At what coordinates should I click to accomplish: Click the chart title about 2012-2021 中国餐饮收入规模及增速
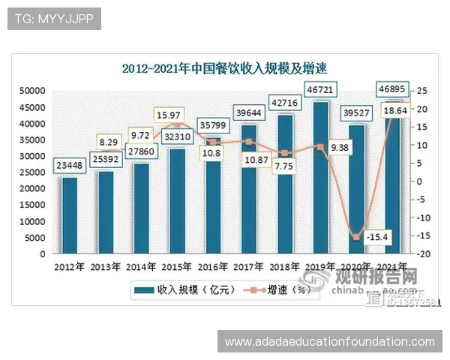coord(225,68)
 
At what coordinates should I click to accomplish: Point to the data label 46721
coord(321,90)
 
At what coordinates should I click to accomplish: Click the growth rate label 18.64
coord(395,110)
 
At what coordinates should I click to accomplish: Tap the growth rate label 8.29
coord(108,141)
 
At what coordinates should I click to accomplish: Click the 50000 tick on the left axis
coord(32,90)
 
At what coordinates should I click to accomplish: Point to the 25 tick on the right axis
coord(422,90)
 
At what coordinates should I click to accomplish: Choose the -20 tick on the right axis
coord(422,254)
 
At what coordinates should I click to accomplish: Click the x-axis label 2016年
coord(214,266)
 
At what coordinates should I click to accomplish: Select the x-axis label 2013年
coord(106,266)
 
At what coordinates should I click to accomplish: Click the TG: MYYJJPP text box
coord(53,19)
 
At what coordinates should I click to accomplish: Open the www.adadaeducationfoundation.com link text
coord(329,341)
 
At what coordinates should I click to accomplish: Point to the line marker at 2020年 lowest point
coord(357,237)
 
